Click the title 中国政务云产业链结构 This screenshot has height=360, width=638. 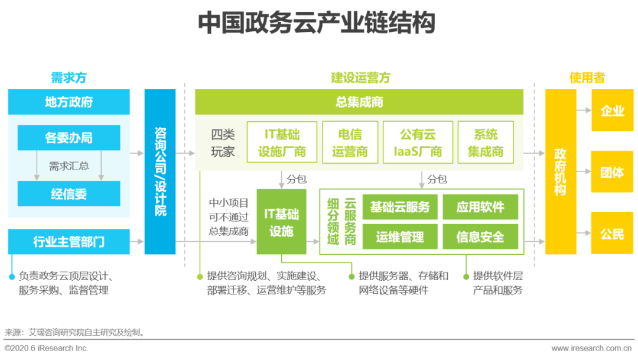pos(317,23)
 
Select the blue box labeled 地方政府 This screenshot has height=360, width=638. pos(69,102)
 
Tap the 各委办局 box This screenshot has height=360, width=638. pos(69,138)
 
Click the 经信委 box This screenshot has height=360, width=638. pos(69,193)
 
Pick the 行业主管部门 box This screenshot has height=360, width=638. pos(69,242)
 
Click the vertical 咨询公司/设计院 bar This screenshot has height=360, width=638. pos(160,171)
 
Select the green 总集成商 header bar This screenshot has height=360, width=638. pos(359,102)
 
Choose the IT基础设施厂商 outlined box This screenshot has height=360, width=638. pos(282,142)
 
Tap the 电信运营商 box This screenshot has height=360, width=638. pos(350,142)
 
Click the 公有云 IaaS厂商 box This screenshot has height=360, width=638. pos(418,142)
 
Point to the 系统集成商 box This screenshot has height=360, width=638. pos(486,142)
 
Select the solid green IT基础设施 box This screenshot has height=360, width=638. pos(281,222)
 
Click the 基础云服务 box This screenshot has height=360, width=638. pos(400,207)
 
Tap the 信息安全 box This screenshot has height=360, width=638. pos(480,236)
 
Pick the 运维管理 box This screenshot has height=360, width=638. pos(400,236)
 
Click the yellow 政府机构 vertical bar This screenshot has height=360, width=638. pos(560,171)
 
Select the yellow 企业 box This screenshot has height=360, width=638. pos(612,111)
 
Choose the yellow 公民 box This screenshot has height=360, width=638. pos(612,233)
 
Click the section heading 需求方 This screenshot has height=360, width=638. pos(69,78)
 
